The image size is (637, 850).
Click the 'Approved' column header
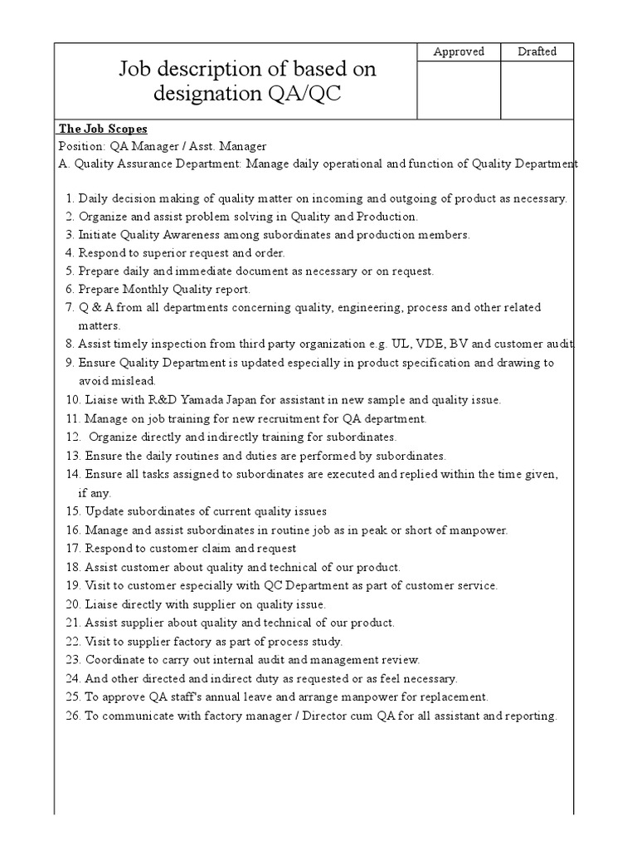[459, 51]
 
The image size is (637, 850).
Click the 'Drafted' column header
[537, 51]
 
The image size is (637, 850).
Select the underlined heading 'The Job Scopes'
[103, 129]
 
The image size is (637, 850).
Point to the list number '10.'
[71, 400]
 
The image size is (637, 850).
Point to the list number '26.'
[71, 716]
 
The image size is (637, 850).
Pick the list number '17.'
[71, 548]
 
